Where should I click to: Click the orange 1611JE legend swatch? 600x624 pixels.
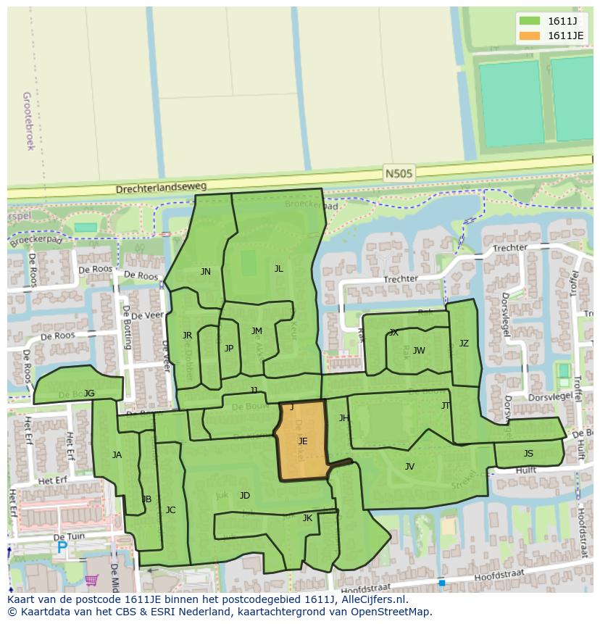tap(530, 36)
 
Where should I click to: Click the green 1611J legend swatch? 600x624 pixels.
tap(530, 21)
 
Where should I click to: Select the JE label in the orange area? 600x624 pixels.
tap(303, 441)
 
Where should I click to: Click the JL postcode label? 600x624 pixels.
tap(278, 268)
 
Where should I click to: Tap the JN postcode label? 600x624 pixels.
tap(206, 272)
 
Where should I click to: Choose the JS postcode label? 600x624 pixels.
tap(528, 454)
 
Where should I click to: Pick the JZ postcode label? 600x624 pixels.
tap(464, 344)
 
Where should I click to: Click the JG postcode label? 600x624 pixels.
tap(89, 394)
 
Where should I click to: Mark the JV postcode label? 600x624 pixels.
tap(409, 467)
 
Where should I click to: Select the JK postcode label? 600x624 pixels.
tap(307, 518)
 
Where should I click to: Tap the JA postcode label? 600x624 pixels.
tap(117, 455)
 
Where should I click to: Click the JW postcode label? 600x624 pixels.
tap(419, 351)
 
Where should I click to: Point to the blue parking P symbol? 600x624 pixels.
tap(62, 549)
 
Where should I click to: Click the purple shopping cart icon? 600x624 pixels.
tap(91, 580)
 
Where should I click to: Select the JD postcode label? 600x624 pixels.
tap(245, 496)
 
